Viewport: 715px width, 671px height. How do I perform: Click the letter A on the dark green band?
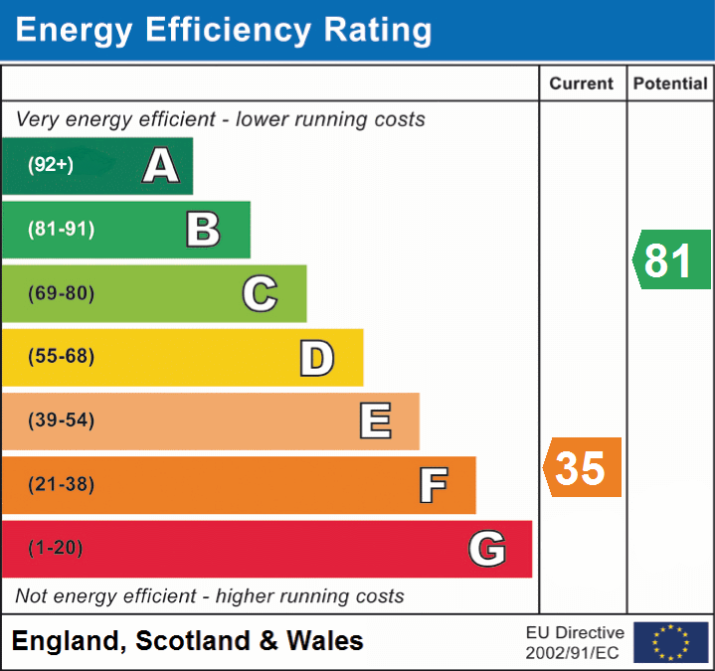(x=160, y=166)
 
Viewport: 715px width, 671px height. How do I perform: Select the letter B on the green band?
(x=203, y=230)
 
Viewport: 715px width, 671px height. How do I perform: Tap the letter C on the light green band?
(x=260, y=294)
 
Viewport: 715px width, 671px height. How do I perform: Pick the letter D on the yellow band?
(x=316, y=358)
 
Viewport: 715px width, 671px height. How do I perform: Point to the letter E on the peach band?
(x=374, y=421)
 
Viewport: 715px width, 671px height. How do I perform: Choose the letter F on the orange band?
(x=432, y=485)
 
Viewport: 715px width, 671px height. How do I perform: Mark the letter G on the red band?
(x=487, y=549)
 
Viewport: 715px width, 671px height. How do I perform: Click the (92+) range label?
(x=51, y=165)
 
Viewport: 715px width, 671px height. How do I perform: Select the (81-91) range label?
(x=62, y=230)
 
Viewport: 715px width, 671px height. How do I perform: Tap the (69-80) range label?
(x=62, y=293)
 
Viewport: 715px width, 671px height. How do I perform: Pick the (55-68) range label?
(x=62, y=357)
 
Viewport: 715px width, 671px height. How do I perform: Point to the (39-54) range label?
(x=62, y=420)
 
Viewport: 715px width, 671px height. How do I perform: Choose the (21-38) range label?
(x=62, y=484)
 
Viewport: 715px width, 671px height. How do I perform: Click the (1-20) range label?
(x=56, y=548)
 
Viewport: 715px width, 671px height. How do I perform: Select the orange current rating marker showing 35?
(x=583, y=467)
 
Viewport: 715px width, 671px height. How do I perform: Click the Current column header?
(x=583, y=84)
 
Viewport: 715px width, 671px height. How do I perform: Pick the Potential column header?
(x=670, y=84)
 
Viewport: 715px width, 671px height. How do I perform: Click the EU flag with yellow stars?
(x=670, y=642)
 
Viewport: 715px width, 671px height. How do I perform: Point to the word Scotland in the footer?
(x=192, y=641)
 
